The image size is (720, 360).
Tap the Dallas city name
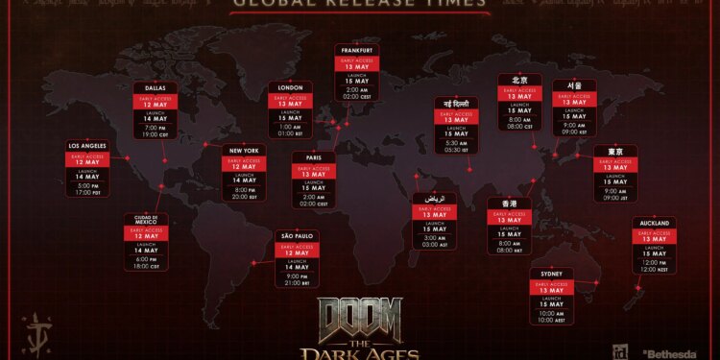click(x=156, y=88)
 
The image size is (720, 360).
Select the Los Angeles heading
click(x=86, y=146)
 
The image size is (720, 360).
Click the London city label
click(x=291, y=87)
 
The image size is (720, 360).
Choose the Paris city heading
click(x=314, y=157)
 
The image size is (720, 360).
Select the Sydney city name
click(x=551, y=274)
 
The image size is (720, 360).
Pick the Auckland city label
click(x=654, y=223)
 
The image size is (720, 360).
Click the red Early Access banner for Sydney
click(x=551, y=285)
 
